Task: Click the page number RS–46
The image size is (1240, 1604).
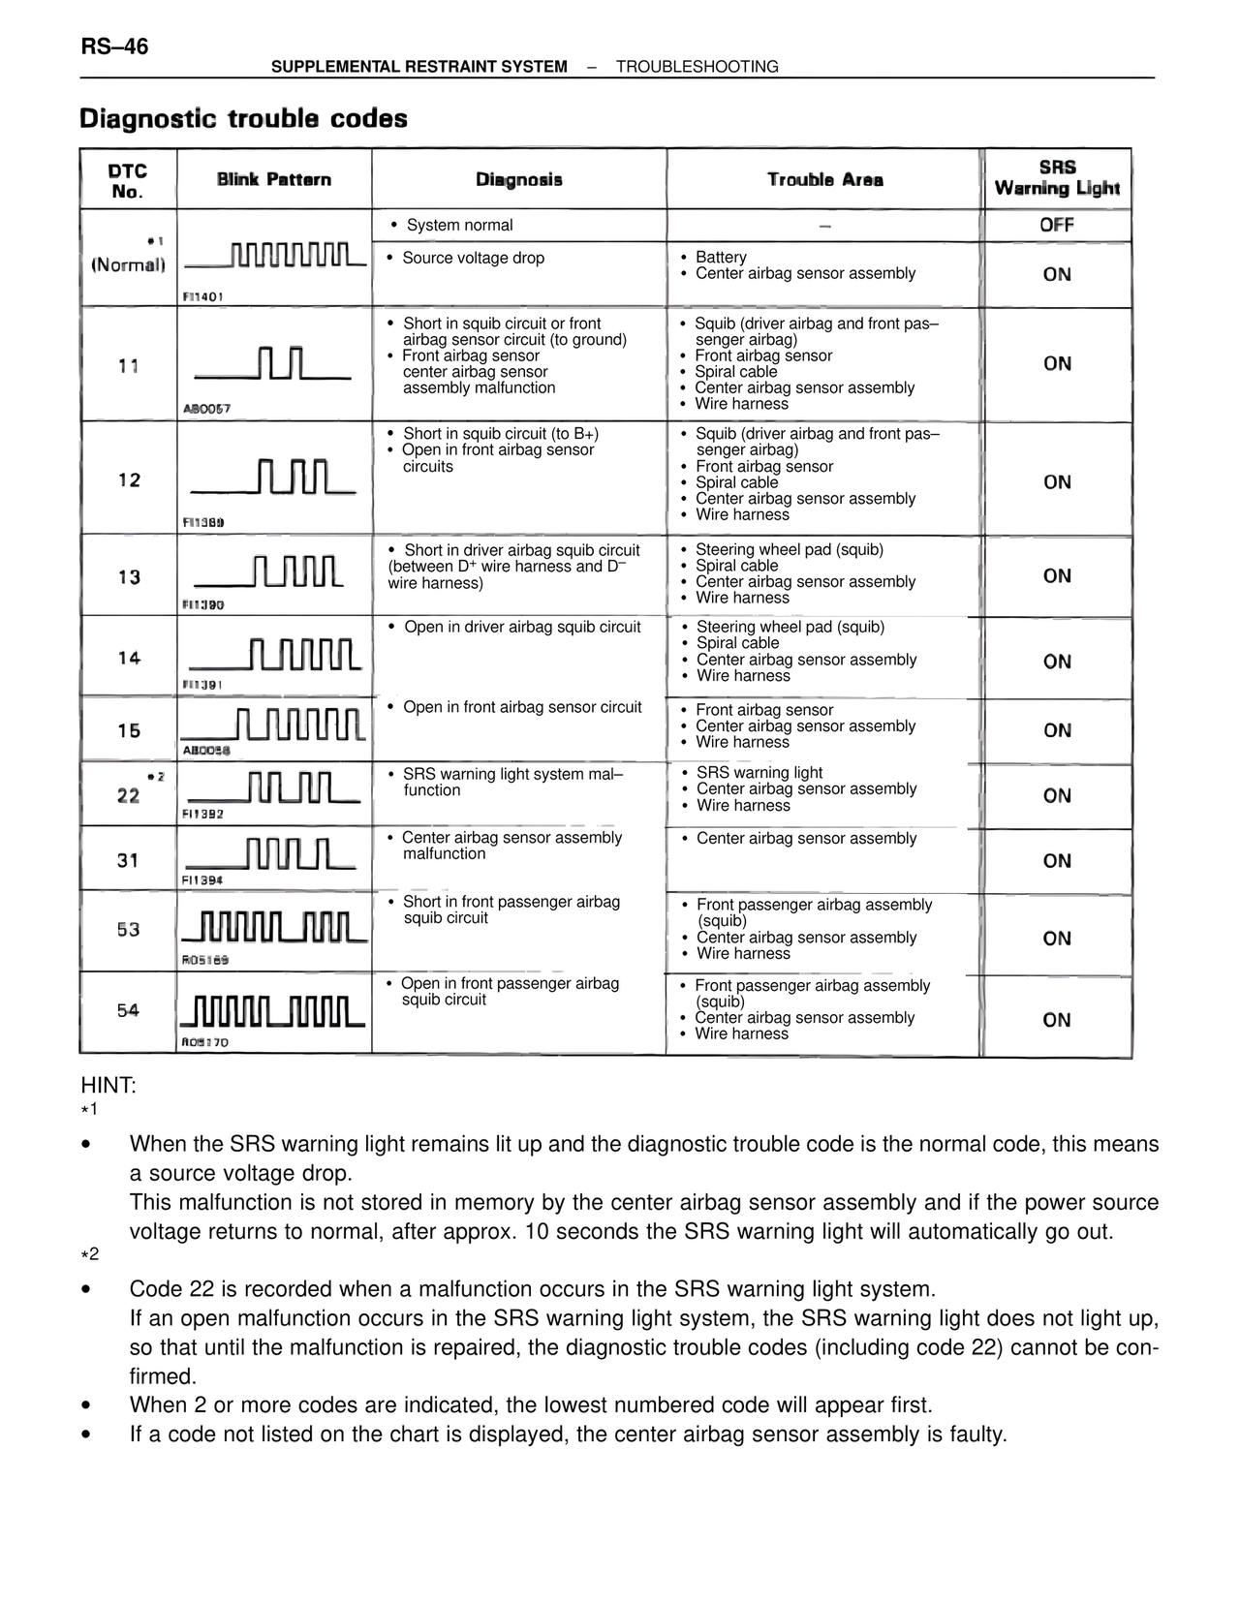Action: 114,46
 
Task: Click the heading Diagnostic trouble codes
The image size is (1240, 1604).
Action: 243,119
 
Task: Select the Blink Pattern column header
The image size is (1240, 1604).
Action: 274,179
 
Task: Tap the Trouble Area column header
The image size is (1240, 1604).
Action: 824,179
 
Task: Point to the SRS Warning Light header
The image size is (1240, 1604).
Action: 1057,178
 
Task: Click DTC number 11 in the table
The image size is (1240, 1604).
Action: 129,366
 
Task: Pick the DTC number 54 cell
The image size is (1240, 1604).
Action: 129,1010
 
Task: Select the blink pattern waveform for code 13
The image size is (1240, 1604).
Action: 269,572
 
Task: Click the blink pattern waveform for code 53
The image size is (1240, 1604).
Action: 274,927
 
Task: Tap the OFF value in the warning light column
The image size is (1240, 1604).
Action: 1057,225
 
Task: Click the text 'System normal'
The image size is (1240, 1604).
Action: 459,226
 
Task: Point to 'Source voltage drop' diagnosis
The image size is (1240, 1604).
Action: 473,258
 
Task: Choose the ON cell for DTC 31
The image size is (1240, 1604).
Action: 1057,860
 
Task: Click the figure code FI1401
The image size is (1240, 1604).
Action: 202,296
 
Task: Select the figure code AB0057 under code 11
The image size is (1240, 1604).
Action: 206,409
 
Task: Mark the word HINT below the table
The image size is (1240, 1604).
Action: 108,1085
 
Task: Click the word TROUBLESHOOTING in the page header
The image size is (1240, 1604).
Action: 697,67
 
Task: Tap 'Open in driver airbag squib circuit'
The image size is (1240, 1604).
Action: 522,627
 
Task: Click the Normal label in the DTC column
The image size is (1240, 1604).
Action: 129,264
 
